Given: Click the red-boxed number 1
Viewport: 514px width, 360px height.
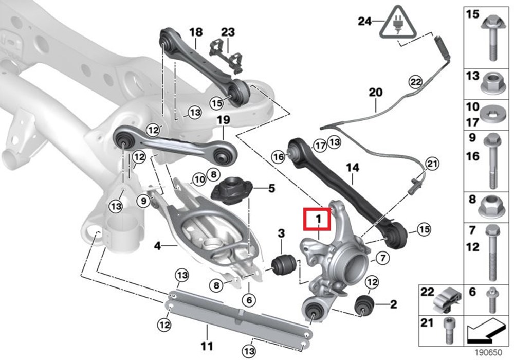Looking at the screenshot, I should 318,220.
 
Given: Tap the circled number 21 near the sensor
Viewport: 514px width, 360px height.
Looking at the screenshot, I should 431,164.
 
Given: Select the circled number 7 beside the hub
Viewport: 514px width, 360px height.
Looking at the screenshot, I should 382,258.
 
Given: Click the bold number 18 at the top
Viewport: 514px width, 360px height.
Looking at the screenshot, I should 196,32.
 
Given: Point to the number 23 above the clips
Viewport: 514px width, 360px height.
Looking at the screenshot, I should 228,32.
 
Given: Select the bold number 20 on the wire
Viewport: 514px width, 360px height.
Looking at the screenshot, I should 376,93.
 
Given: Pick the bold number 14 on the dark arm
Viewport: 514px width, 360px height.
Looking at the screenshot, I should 353,167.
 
